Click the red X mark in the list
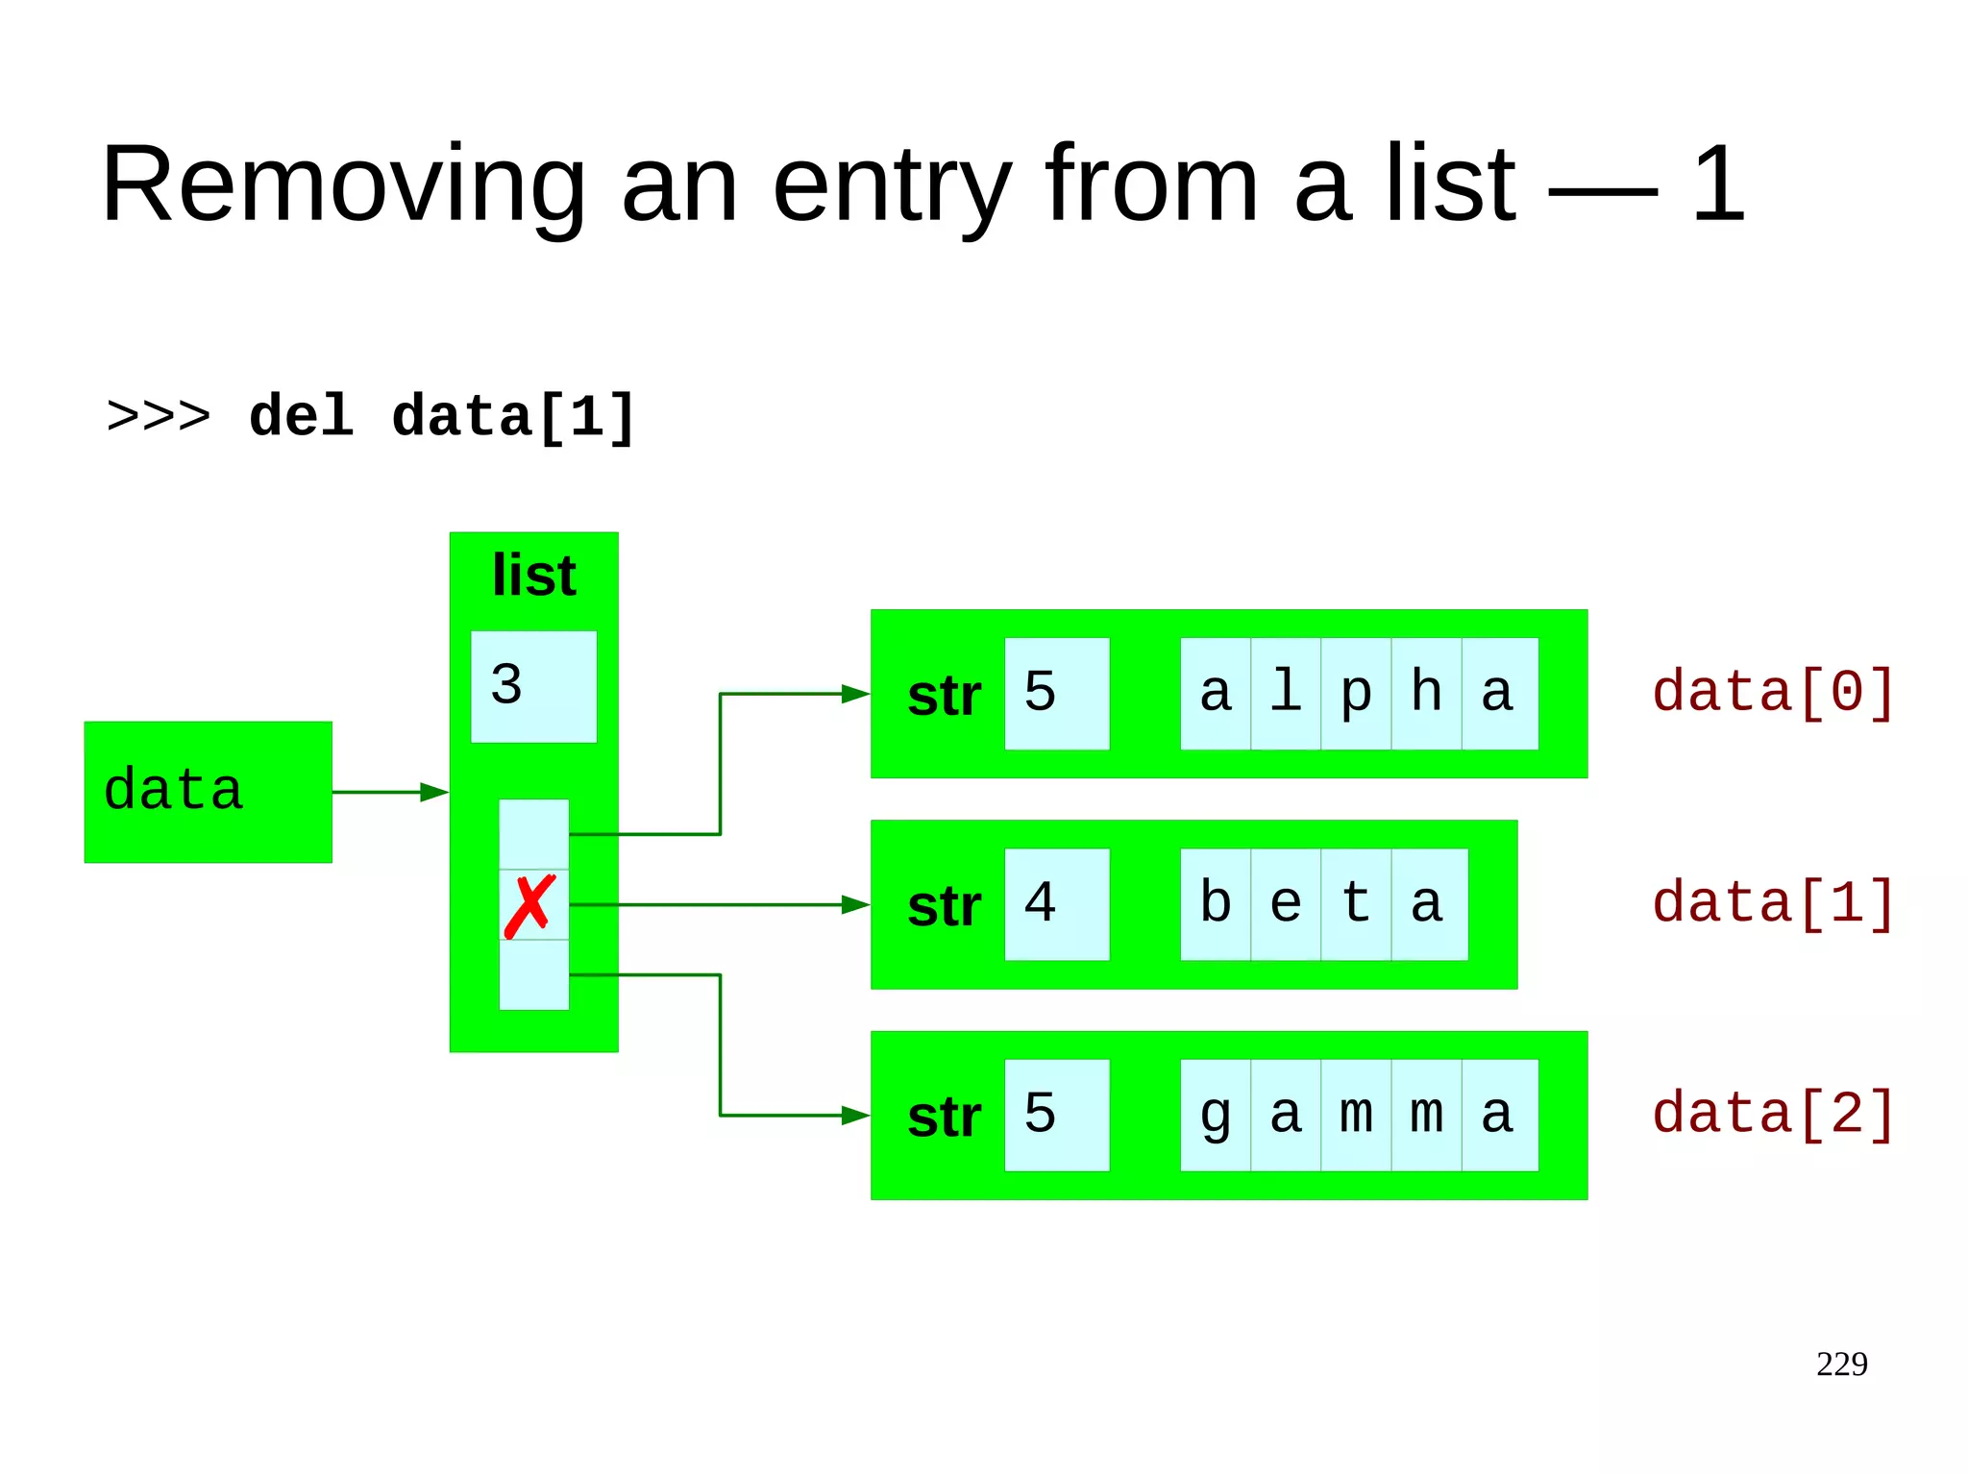pyautogui.click(x=529, y=905)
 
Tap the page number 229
pyautogui.click(x=1841, y=1364)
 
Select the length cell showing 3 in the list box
pyautogui.click(x=533, y=686)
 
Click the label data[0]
pyautogui.click(x=1773, y=693)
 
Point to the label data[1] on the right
pyautogui.click(x=1773, y=904)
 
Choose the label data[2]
pyautogui.click(x=1773, y=1115)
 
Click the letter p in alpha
pyautogui.click(x=1356, y=694)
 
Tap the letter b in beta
pyautogui.click(x=1216, y=904)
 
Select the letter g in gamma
pyautogui.click(x=1216, y=1116)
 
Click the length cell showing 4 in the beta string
pyautogui.click(x=1056, y=904)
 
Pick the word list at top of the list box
pyautogui.click(x=533, y=576)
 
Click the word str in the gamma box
pyautogui.click(x=944, y=1118)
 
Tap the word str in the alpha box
pyautogui.click(x=944, y=696)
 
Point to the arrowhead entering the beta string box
pyautogui.click(x=855, y=904)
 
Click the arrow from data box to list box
pyautogui.click(x=389, y=792)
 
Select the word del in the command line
pyautogui.click(x=301, y=417)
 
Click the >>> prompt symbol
pyautogui.click(x=159, y=417)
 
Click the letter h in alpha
pyautogui.click(x=1426, y=694)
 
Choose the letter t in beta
pyautogui.click(x=1356, y=904)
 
